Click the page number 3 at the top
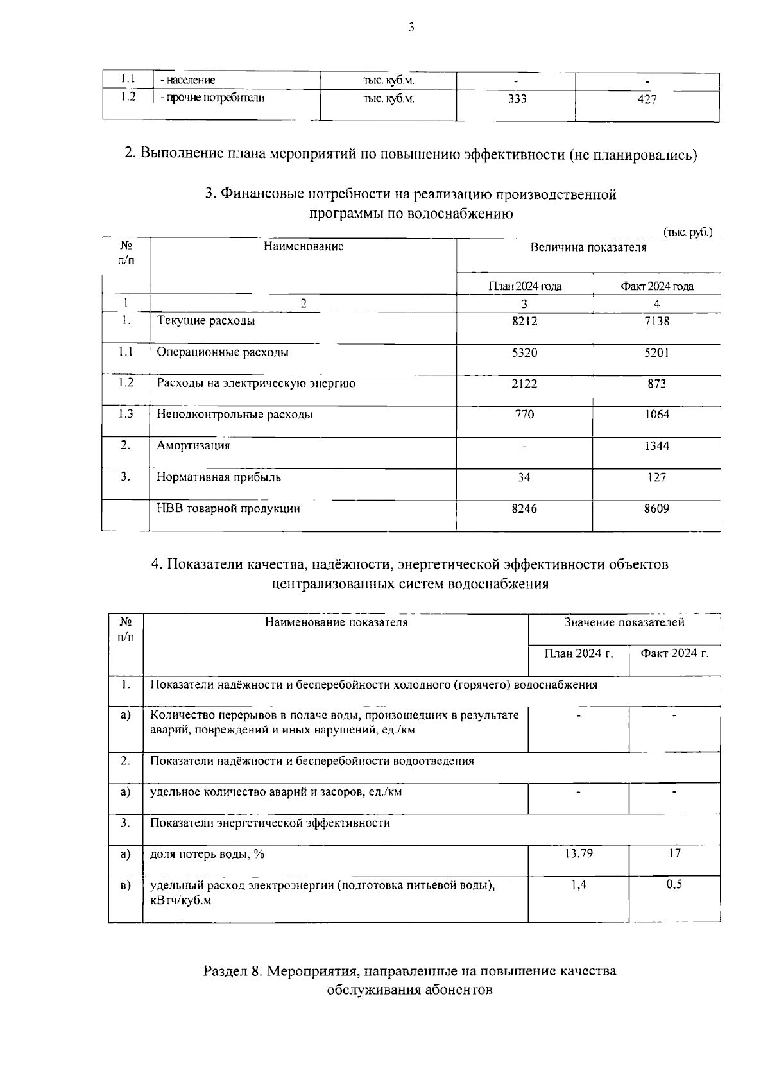coord(411,27)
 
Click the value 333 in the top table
coord(517,99)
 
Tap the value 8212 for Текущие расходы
coord(524,321)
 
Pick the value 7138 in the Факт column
coord(656,321)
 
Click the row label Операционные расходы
coord(223,352)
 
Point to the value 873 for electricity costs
coord(656,384)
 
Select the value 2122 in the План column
coord(524,384)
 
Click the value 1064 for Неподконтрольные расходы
coord(656,415)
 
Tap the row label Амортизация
coord(193,445)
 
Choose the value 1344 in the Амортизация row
coord(656,445)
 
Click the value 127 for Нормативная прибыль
coord(656,477)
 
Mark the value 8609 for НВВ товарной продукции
coord(656,509)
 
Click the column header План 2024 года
coord(525,287)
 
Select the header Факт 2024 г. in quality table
coord(674,653)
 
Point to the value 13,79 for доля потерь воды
coord(578,853)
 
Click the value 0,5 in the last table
coord(674,884)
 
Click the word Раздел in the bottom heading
coord(225,971)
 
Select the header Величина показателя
coord(588,247)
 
